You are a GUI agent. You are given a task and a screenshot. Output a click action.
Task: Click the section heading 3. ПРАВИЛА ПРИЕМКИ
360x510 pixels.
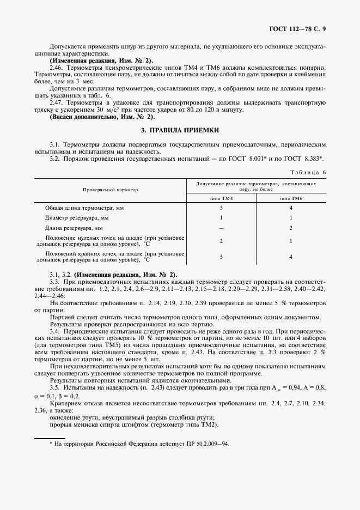click(x=180, y=130)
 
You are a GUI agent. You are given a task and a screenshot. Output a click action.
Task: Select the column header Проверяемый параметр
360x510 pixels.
click(x=111, y=190)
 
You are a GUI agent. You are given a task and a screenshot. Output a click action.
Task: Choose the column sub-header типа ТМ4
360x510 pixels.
click(x=221, y=199)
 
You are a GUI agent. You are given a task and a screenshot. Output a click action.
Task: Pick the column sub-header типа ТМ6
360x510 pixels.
click(x=291, y=199)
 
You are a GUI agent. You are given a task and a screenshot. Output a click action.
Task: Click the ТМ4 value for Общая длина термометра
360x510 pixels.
click(x=221, y=208)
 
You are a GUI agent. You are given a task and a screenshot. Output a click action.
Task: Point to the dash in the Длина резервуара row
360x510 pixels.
click(x=221, y=228)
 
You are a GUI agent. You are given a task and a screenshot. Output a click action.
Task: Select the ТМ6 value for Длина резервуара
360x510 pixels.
click(x=291, y=228)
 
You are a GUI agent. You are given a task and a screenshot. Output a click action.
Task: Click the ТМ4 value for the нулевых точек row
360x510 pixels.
click(x=221, y=241)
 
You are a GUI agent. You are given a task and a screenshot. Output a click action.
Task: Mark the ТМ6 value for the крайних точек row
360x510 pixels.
click(x=291, y=256)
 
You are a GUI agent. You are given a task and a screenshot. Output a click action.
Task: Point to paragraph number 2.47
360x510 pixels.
click(x=56, y=103)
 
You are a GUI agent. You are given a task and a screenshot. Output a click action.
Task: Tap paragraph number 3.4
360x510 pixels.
click(x=54, y=331)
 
